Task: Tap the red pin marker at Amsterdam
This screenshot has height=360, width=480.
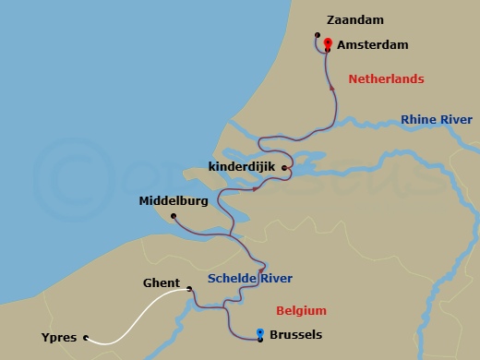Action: coord(328,42)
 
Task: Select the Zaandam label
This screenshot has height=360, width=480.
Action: coord(355,19)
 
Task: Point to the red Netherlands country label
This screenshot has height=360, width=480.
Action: coord(386,79)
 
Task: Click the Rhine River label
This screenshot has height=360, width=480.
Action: coord(436,120)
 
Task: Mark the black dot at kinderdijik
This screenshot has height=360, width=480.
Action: coord(285,168)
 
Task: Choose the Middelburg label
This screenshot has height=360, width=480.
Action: coord(173,200)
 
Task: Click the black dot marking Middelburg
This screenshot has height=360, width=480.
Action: coord(174,216)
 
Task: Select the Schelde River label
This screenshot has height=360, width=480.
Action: coord(249,278)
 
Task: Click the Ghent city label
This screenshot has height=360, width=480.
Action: coord(162,283)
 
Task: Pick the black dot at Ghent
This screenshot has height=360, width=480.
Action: coord(189,289)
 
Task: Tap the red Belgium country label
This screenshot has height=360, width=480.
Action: coord(301,310)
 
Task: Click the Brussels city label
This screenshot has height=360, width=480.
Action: coord(296,335)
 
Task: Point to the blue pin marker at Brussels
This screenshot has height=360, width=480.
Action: coord(260,333)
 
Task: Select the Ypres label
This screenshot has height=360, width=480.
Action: coord(59,338)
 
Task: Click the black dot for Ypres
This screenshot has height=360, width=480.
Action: coord(86,338)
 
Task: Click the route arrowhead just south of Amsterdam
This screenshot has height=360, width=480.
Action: coord(332,88)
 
